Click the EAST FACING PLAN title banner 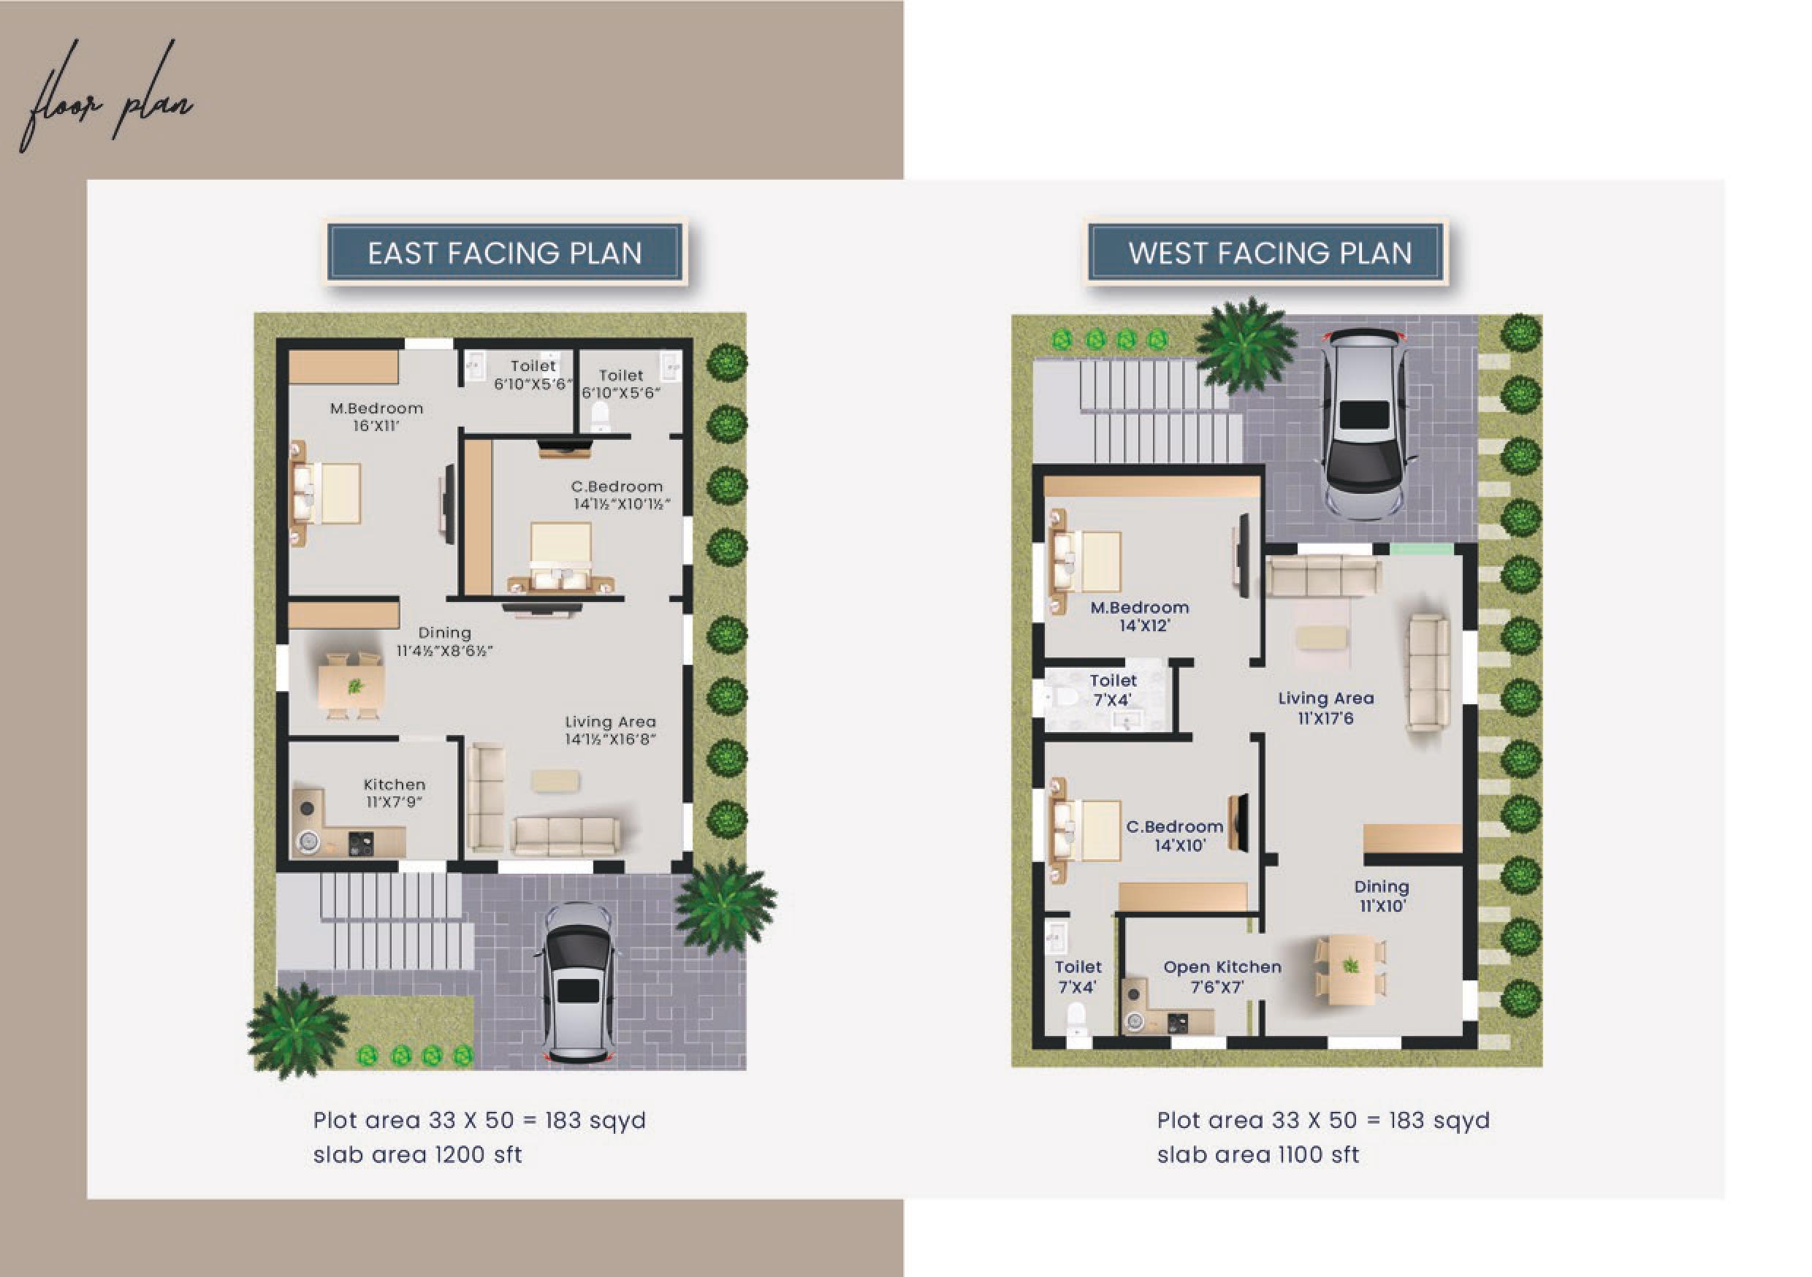click(x=505, y=253)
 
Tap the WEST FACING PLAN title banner click(x=1268, y=253)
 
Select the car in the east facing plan click(x=577, y=983)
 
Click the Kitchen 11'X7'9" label click(x=395, y=793)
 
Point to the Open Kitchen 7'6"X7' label click(x=1222, y=976)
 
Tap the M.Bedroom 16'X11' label click(x=376, y=416)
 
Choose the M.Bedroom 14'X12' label click(x=1140, y=617)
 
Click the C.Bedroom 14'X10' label click(x=1174, y=836)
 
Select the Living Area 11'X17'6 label click(x=1326, y=708)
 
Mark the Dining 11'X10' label click(x=1381, y=896)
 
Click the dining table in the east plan click(x=352, y=685)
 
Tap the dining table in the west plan click(x=1350, y=969)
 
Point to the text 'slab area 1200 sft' click(x=417, y=1155)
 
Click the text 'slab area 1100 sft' click(x=1258, y=1155)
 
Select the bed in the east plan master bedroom click(x=326, y=493)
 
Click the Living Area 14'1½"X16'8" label click(x=610, y=730)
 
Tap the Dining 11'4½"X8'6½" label click(x=444, y=641)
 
